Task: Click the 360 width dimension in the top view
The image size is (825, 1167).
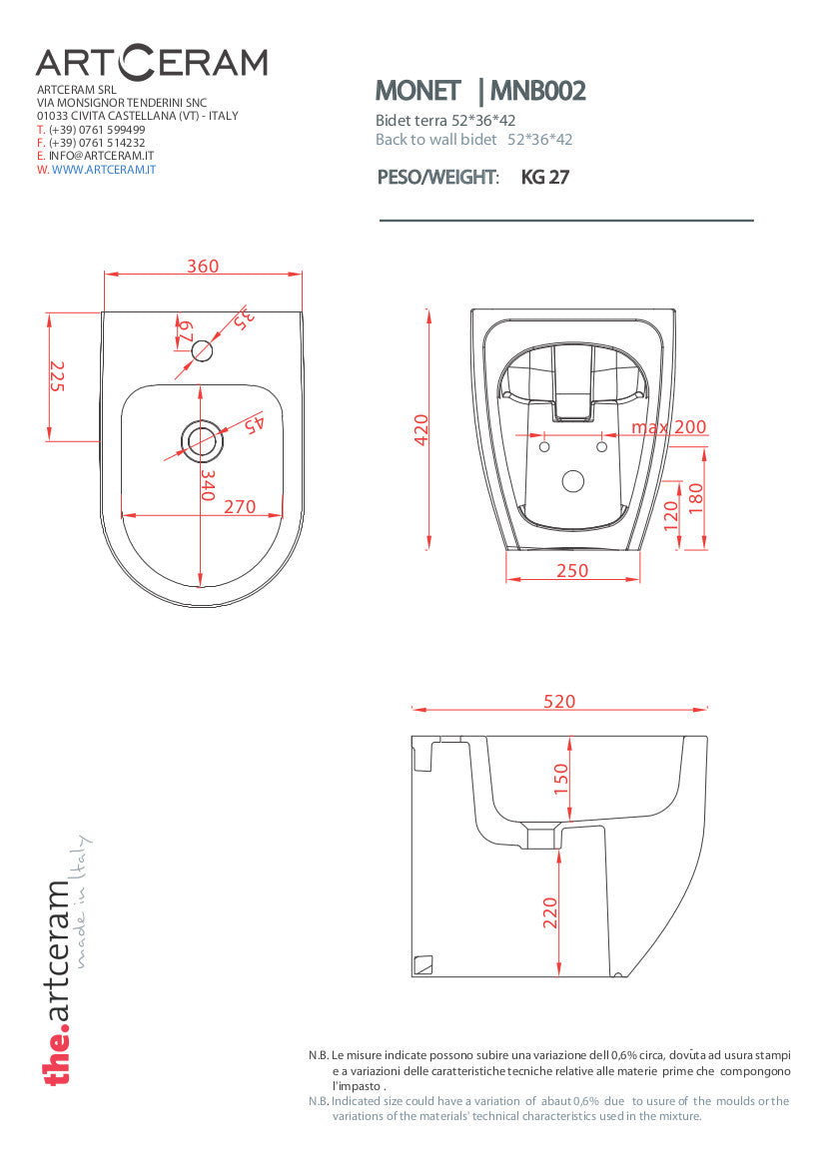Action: pyautogui.click(x=203, y=266)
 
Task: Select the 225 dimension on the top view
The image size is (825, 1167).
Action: pyautogui.click(x=57, y=376)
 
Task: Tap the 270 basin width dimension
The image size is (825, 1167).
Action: pyautogui.click(x=240, y=507)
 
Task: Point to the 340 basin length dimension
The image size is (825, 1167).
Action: pyautogui.click(x=208, y=484)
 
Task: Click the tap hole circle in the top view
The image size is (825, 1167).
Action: pyautogui.click(x=203, y=349)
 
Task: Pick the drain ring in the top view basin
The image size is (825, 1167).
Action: pyautogui.click(x=201, y=440)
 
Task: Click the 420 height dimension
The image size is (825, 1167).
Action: pyautogui.click(x=421, y=430)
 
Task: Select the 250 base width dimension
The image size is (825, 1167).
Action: pyautogui.click(x=572, y=571)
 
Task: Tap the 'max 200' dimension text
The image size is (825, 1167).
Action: pyautogui.click(x=668, y=427)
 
